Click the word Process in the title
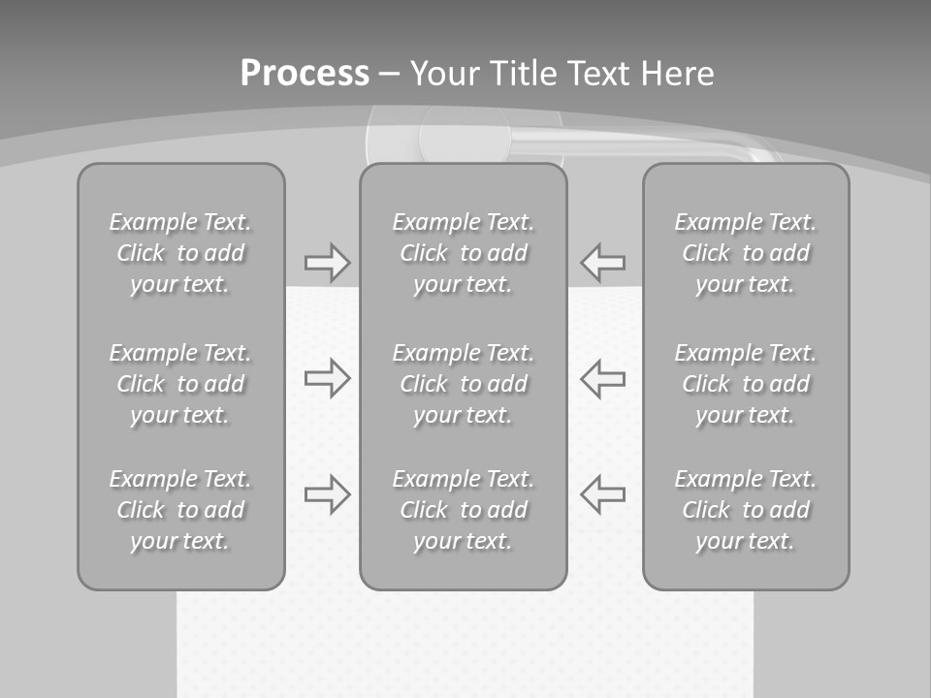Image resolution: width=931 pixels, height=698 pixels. click(x=305, y=74)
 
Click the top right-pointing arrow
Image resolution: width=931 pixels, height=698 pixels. click(x=327, y=263)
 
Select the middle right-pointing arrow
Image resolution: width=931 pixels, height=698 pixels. click(x=327, y=377)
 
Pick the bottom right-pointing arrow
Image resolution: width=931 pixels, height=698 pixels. click(x=327, y=494)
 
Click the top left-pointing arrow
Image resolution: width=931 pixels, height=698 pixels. click(x=603, y=263)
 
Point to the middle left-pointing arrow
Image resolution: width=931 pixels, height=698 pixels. click(x=603, y=377)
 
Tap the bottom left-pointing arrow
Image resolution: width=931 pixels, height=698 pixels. click(x=603, y=494)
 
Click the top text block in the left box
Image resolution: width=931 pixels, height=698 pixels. click(x=180, y=253)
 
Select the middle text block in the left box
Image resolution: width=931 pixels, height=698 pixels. click(x=180, y=384)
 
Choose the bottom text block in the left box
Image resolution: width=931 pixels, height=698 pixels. click(x=180, y=510)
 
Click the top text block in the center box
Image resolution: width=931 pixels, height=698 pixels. click(x=463, y=253)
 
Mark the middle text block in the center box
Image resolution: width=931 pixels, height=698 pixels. click(x=463, y=384)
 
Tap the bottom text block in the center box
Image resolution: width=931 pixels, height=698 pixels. click(x=463, y=510)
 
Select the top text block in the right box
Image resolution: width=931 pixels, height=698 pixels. click(x=745, y=253)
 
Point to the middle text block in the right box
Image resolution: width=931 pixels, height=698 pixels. click(x=745, y=384)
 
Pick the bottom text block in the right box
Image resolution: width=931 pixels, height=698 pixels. click(x=745, y=510)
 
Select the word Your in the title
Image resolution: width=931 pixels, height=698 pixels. click(x=445, y=74)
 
